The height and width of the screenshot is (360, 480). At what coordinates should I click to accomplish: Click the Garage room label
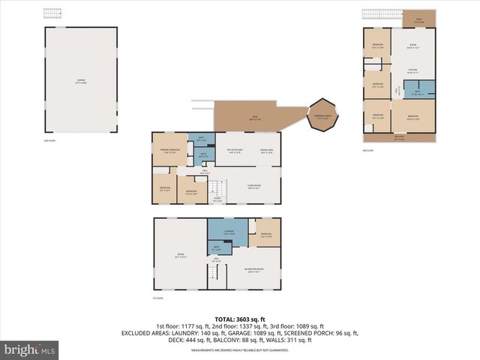[x=81, y=80]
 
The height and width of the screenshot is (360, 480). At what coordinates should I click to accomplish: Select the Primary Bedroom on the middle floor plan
[x=169, y=151]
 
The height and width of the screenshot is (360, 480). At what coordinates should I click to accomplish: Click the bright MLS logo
[x=30, y=349]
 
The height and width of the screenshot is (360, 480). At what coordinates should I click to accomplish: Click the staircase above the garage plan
[x=52, y=15]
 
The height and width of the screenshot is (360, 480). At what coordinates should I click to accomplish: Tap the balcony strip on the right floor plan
[x=399, y=137]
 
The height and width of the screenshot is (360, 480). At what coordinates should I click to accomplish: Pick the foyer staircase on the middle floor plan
[x=217, y=190]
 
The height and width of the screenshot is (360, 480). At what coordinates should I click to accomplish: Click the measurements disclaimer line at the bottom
[x=239, y=350]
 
